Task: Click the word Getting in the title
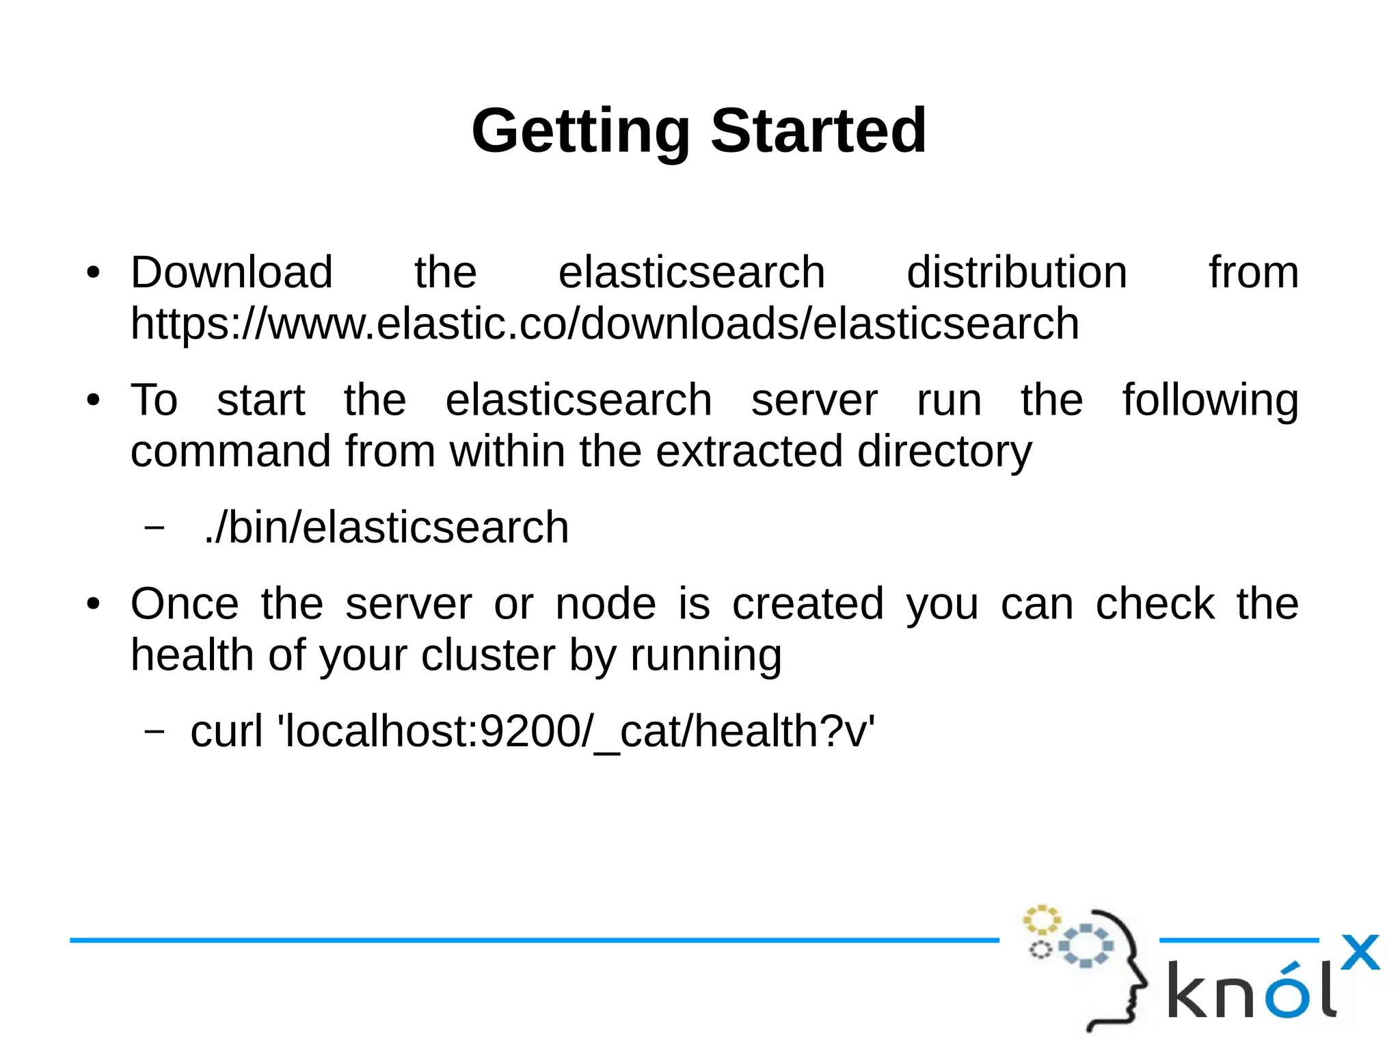(x=580, y=131)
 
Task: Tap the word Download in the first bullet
(x=232, y=272)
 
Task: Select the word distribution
(x=1017, y=272)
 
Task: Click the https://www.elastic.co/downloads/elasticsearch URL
(x=604, y=324)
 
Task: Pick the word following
(x=1210, y=401)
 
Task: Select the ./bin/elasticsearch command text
(x=386, y=527)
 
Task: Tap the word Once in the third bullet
(x=185, y=604)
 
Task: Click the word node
(x=606, y=604)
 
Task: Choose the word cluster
(x=487, y=655)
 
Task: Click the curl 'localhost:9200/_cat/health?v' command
(x=533, y=731)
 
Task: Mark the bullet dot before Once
(x=94, y=605)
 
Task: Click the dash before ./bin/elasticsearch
(x=155, y=527)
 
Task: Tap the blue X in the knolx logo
(x=1360, y=952)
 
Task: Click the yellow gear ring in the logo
(x=1041, y=920)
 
